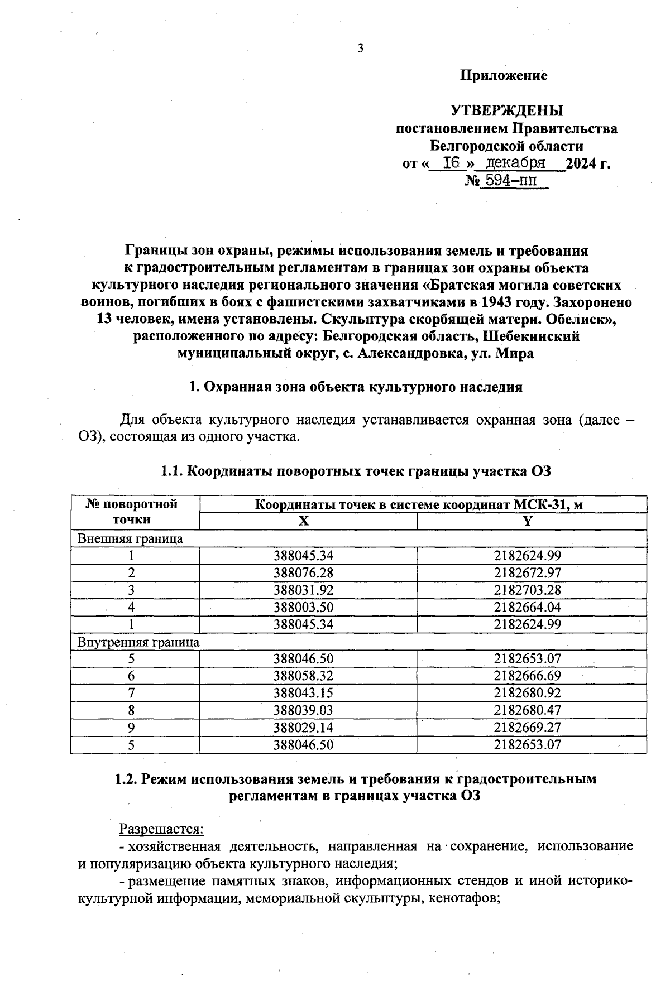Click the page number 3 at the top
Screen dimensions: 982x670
coord(360,48)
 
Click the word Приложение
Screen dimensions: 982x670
coord(504,76)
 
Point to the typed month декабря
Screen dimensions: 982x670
coord(515,163)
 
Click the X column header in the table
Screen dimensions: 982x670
coord(303,521)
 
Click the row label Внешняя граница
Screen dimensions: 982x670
coord(130,539)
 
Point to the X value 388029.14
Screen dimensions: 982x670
coord(303,728)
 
